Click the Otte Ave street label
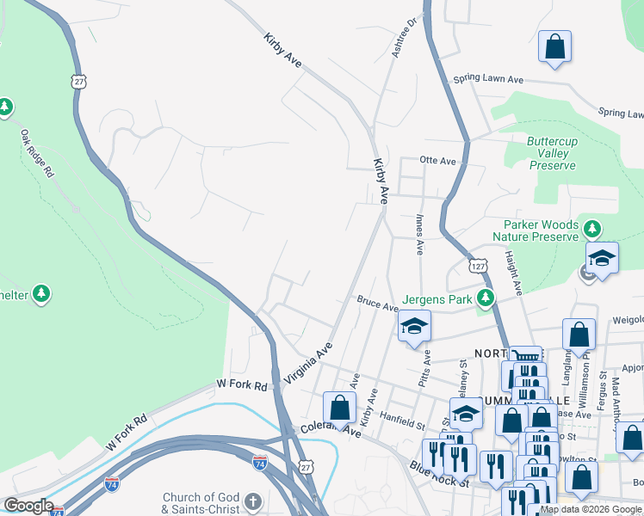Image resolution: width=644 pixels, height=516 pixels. [x=437, y=160]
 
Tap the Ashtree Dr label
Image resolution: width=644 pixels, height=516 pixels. [x=404, y=39]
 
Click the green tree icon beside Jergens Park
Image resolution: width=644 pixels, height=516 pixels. [x=486, y=298]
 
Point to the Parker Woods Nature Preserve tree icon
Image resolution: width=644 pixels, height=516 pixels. [x=591, y=230]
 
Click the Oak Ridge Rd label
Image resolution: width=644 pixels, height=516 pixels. [x=38, y=154]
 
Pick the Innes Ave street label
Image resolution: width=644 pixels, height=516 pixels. [x=419, y=235]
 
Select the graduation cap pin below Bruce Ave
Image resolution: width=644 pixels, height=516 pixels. [x=414, y=327]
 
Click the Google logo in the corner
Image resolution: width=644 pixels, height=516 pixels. [x=28, y=506]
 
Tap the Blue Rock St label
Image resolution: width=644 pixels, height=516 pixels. [x=438, y=474]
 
